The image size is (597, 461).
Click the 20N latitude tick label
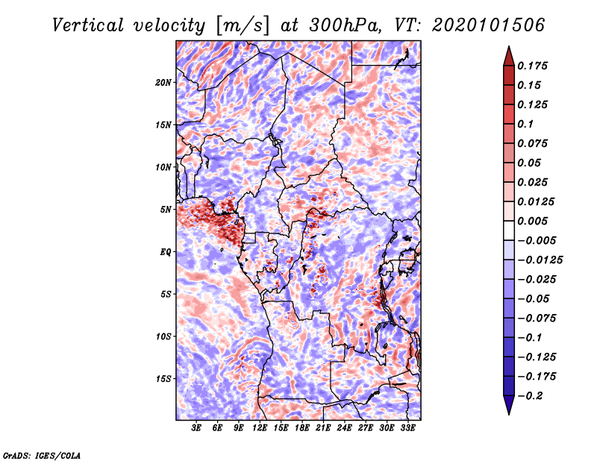point(163,82)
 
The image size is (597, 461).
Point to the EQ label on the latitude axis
point(166,251)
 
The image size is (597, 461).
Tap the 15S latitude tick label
point(163,378)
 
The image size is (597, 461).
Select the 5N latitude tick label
point(166,210)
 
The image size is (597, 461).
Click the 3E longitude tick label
point(196,428)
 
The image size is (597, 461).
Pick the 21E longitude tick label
point(323,428)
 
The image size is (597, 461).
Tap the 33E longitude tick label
point(407,428)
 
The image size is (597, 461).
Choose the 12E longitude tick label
point(260,428)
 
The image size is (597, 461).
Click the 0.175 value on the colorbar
point(532,66)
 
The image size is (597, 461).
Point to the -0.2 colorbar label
point(531,395)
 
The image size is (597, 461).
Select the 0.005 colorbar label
point(532,221)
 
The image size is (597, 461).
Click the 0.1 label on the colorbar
point(525,124)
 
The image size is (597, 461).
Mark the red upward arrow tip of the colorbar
point(509,46)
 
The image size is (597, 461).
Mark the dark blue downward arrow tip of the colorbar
point(509,414)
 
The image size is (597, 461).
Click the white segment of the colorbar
point(509,230)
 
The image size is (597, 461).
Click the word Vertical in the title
point(88,25)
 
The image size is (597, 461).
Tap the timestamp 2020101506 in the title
point(489,25)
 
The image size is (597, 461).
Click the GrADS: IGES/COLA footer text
point(42,455)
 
